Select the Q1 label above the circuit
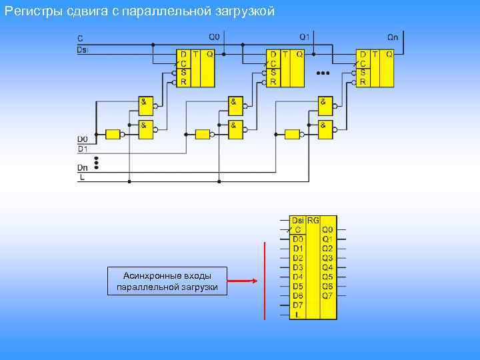click(304, 36)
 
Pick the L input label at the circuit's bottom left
click(82, 178)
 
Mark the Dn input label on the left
click(83, 169)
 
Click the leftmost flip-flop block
click(195, 68)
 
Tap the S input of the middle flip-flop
click(273, 73)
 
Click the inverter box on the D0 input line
click(113, 134)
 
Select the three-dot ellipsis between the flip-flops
click(324, 72)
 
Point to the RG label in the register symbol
click(313, 219)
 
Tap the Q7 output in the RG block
click(327, 295)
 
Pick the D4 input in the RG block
click(298, 276)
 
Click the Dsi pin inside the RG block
click(298, 219)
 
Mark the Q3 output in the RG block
click(327, 257)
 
